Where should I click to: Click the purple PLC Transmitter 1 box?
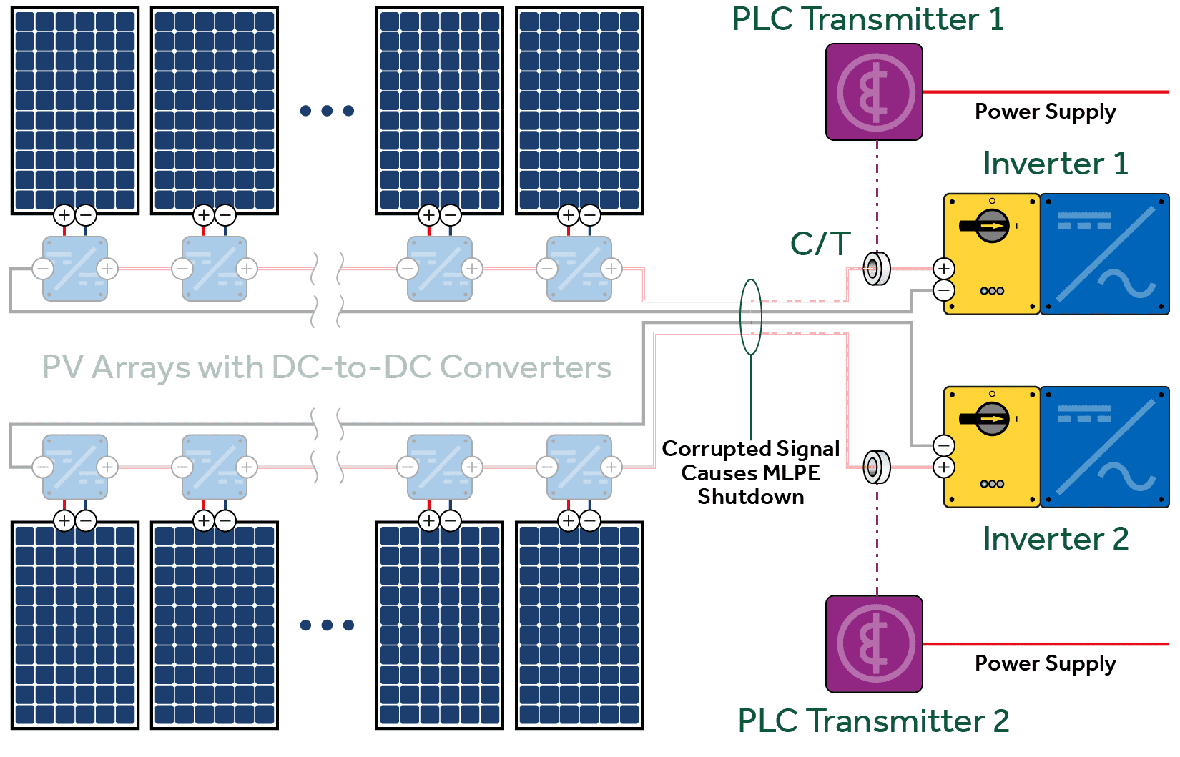coord(874,92)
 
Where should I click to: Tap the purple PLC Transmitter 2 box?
coord(874,644)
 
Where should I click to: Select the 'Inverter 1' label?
coord(1055,164)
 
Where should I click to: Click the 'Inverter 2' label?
coord(1055,539)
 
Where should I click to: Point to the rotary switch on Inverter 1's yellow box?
coord(991,226)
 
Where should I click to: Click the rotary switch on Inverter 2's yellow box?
coord(991,419)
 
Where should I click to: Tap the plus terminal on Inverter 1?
coord(944,269)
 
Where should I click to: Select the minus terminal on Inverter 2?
coord(944,445)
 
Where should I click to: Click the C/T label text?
coord(820,244)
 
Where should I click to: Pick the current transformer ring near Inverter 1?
coord(876,269)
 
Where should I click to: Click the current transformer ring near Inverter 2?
coord(876,467)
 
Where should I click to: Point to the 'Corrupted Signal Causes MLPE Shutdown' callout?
coord(750,472)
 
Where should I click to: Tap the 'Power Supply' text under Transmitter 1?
coord(1045,112)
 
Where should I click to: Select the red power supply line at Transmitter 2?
coord(1045,644)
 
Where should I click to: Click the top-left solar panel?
coord(75,111)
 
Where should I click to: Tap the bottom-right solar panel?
coord(579,625)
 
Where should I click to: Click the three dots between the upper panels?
coord(327,111)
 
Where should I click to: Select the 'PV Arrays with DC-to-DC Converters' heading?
coord(327,367)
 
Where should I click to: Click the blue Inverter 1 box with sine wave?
coord(1104,254)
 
